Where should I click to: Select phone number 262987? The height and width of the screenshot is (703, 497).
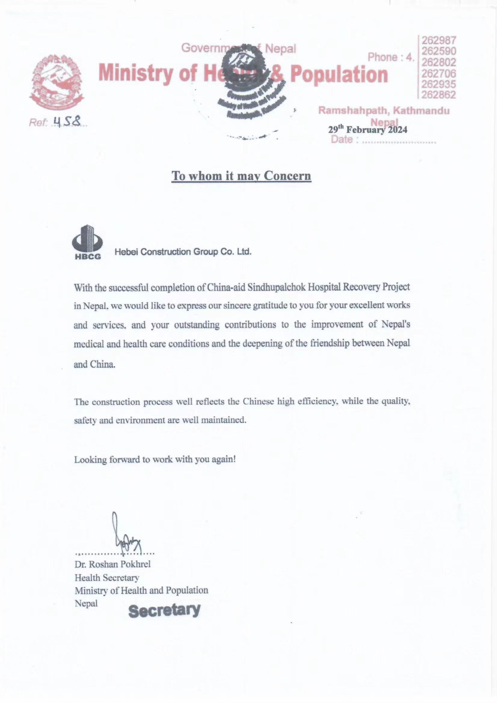[439, 40]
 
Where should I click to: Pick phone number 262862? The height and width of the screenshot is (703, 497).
[439, 95]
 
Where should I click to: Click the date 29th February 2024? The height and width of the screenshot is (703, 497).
[368, 130]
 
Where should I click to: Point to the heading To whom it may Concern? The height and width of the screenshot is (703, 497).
[241, 176]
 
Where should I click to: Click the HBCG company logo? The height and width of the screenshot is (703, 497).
[87, 242]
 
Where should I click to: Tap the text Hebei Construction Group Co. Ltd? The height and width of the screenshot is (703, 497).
[183, 252]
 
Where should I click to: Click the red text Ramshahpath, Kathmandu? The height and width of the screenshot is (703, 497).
[384, 111]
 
